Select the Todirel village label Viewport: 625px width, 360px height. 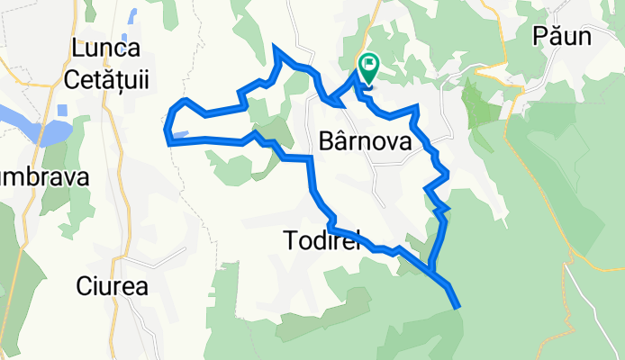tap(321, 240)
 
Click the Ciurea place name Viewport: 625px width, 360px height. tap(113, 287)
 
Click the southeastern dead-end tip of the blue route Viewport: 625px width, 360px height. tap(457, 306)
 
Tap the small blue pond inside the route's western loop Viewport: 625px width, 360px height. tap(179, 135)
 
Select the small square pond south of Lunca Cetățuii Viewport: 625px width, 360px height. tap(61, 111)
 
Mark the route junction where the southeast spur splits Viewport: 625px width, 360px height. tap(431, 267)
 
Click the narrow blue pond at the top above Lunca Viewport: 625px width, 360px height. tap(133, 15)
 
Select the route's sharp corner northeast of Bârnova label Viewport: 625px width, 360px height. tap(415, 108)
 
